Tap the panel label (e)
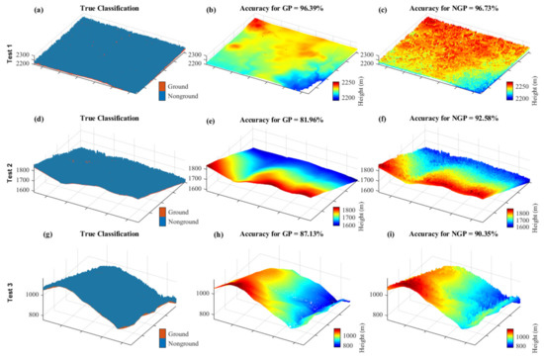196,127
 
